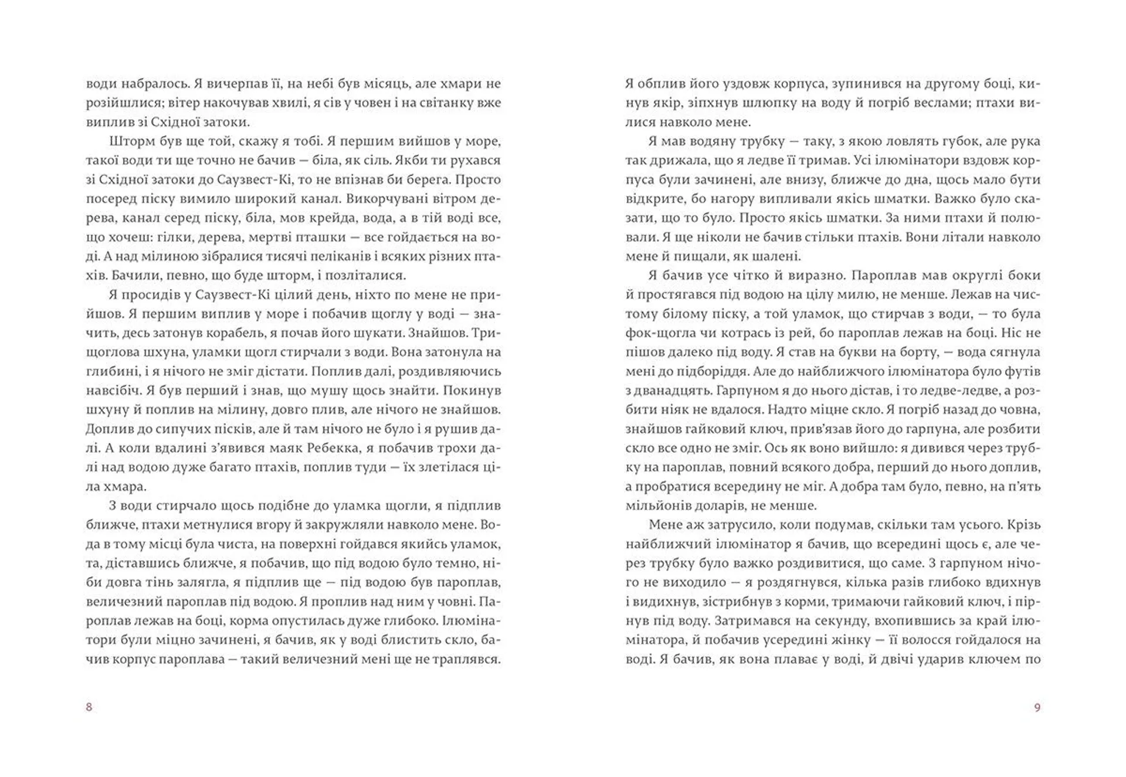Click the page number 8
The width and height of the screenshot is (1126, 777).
pyautogui.click(x=89, y=707)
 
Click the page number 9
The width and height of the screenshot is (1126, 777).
pyautogui.click(x=1037, y=708)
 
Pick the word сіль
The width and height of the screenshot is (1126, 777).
pyautogui.click(x=377, y=161)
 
